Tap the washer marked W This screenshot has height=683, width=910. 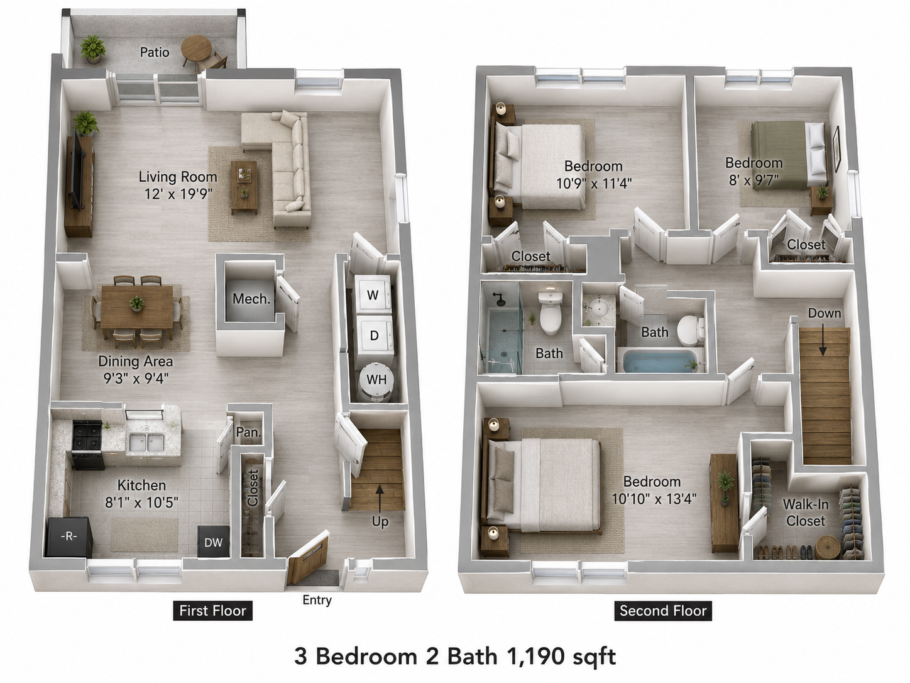pos(373,294)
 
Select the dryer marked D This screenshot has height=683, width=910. pos(375,336)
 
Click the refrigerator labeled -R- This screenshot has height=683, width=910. pos(69,536)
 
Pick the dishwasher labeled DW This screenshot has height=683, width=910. pos(213,542)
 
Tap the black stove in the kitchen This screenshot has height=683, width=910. pos(87,445)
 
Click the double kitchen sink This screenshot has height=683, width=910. pos(146,443)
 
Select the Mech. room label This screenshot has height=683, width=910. pos(251,299)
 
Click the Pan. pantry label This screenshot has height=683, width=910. pos(248,432)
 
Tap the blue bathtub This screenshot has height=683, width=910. pos(660,362)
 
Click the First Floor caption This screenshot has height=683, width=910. pos(212,611)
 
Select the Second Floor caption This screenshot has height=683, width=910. pos(663,611)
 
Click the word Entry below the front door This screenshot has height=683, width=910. pos(317,600)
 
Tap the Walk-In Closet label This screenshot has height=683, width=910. pos(806,513)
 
